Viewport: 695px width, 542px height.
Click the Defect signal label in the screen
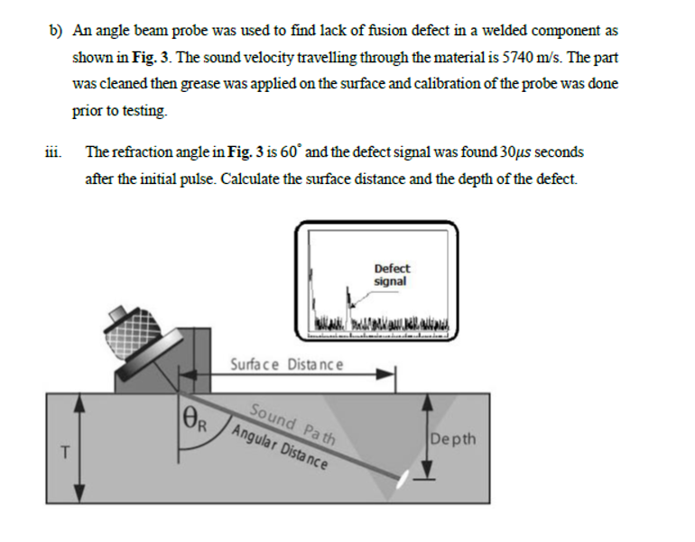coord(391,274)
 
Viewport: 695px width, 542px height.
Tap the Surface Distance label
coord(286,364)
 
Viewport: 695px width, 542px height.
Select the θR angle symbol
coord(195,417)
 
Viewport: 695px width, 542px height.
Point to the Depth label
coord(454,440)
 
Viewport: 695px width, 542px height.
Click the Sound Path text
coord(291,424)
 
